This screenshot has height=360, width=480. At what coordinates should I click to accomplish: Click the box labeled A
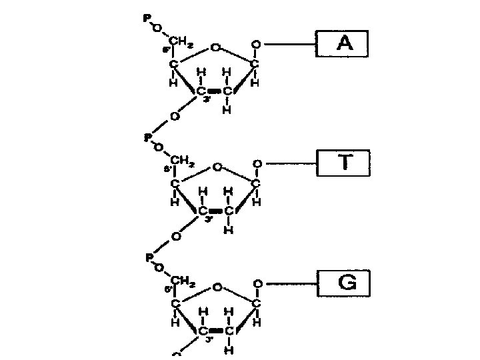[341, 44]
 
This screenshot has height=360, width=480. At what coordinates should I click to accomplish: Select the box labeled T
[343, 163]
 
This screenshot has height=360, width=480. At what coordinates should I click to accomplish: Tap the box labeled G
[343, 283]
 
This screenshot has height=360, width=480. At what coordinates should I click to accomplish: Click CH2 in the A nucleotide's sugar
[181, 43]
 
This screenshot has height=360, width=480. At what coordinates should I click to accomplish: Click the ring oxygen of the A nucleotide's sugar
[215, 48]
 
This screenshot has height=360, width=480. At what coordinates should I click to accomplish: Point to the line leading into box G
[289, 283]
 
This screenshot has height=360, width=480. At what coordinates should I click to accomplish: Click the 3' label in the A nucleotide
[208, 101]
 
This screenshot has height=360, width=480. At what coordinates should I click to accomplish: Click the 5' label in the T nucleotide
[167, 169]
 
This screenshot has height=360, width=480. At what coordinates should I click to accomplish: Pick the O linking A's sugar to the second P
[174, 116]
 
